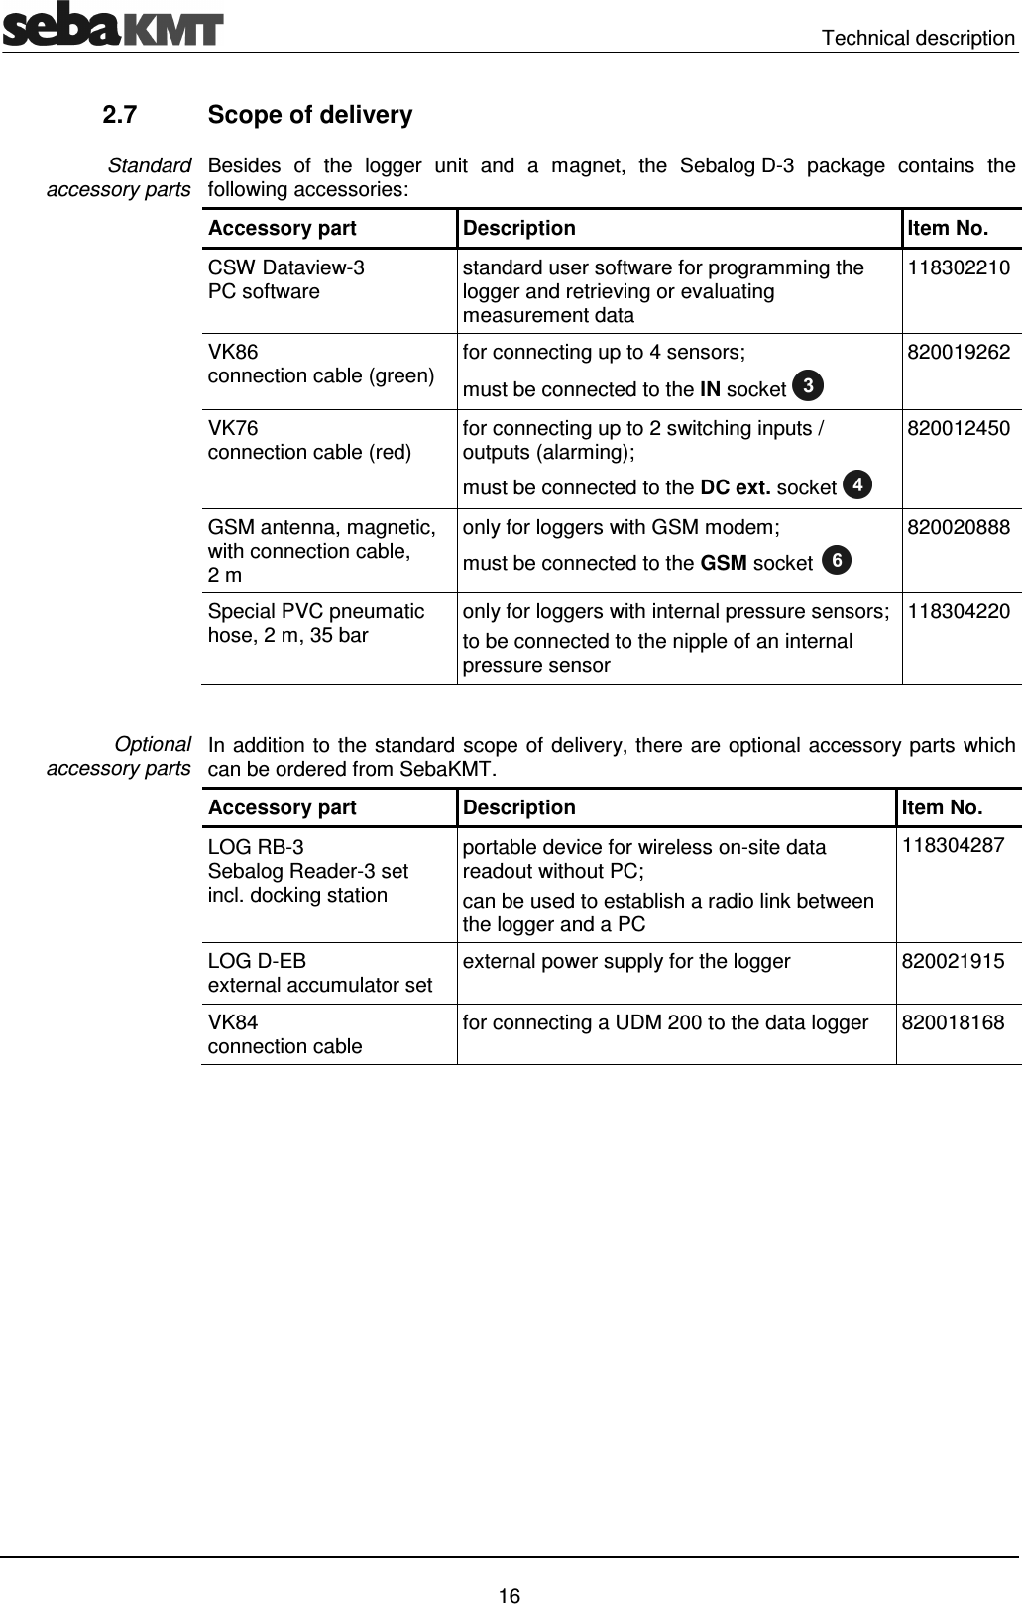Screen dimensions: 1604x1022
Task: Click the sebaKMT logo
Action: [x=112, y=26]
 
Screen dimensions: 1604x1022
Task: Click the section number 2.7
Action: [x=120, y=115]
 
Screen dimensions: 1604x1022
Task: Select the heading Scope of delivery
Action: [x=310, y=115]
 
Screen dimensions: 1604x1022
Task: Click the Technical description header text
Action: [x=918, y=38]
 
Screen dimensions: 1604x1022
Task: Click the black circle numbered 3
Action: [x=808, y=384]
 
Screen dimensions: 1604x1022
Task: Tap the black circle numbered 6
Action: [x=838, y=560]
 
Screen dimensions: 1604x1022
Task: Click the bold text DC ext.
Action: [x=735, y=487]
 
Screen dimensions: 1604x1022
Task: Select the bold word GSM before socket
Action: [x=724, y=564]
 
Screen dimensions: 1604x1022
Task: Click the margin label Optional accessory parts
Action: [x=119, y=756]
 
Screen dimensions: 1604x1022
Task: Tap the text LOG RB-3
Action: [x=256, y=848]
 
